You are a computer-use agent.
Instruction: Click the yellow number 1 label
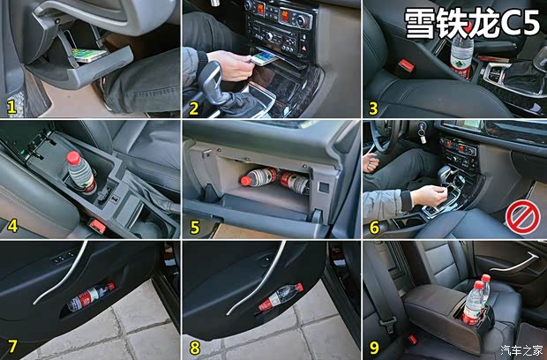click(x=11, y=107)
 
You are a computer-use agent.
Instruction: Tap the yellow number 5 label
click(x=195, y=227)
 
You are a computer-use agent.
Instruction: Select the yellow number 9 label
click(x=374, y=347)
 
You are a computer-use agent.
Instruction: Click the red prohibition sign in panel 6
click(x=523, y=218)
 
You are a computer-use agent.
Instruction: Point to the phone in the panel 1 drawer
click(x=89, y=55)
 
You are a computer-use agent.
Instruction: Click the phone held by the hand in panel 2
click(x=264, y=58)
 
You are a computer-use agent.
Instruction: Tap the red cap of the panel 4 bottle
click(x=73, y=158)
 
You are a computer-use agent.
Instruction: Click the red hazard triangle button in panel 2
click(x=303, y=49)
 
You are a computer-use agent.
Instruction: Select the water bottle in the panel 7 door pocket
click(x=90, y=297)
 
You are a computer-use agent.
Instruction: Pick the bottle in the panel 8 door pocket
click(x=281, y=297)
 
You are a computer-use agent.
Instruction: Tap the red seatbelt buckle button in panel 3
click(x=406, y=65)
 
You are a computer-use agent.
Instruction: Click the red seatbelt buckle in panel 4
click(x=97, y=226)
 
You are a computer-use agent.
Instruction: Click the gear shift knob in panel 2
click(x=210, y=81)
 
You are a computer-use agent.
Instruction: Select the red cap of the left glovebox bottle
click(x=246, y=181)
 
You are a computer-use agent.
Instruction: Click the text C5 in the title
click(x=520, y=23)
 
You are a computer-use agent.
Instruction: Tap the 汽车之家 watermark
click(x=522, y=350)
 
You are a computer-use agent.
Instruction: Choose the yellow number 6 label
click(x=374, y=228)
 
